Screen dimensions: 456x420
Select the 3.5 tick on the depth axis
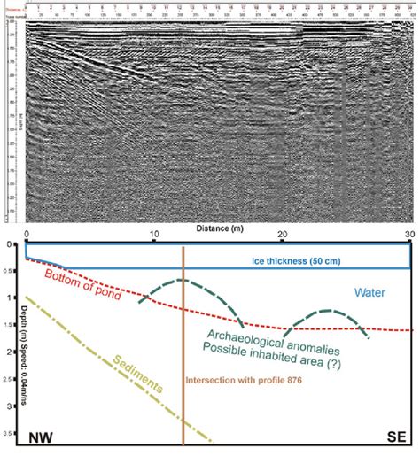pyautogui.click(x=13, y=434)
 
